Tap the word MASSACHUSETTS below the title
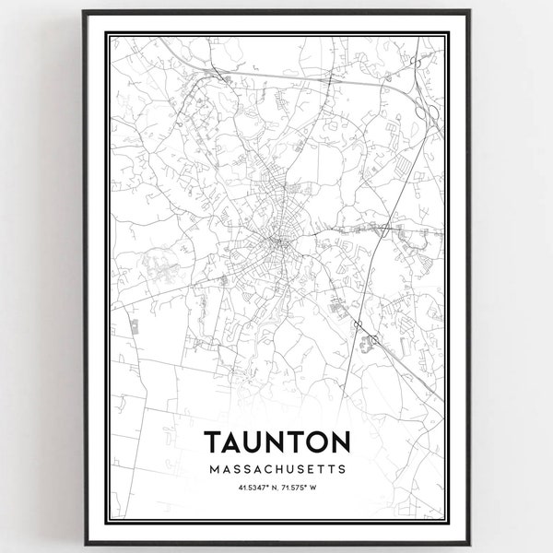(276, 469)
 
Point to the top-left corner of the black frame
(83, 11)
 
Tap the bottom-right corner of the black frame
(470, 542)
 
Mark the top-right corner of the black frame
(470, 11)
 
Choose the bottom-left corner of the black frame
(83, 542)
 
